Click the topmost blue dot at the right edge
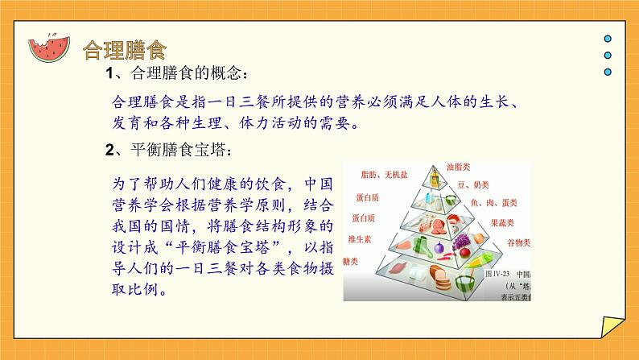tap(608, 39)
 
